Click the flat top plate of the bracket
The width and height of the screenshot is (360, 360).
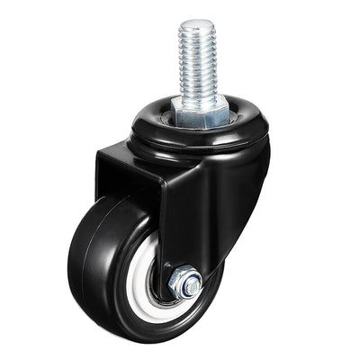(126, 157)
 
